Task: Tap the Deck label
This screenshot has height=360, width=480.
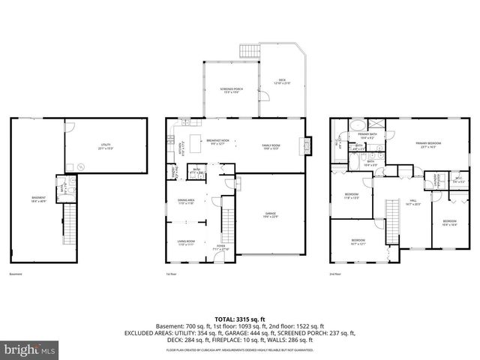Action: point(282,82)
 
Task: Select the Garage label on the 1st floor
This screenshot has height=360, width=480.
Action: point(270,215)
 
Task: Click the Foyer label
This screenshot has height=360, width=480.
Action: point(221,247)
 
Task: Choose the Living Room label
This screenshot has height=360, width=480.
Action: point(187,242)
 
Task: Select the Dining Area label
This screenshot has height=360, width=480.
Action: point(187,201)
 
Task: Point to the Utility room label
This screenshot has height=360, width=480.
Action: point(105,147)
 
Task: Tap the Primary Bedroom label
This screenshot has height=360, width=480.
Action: point(430,144)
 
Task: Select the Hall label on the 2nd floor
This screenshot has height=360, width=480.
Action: point(413,202)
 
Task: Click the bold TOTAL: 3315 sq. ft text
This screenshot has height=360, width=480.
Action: point(239,318)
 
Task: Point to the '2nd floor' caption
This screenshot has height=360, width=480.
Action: point(334,274)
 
